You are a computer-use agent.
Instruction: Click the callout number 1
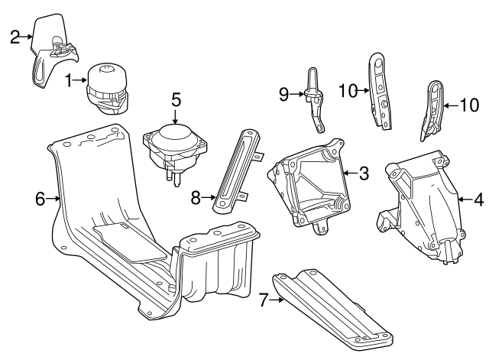pyautogui.click(x=70, y=80)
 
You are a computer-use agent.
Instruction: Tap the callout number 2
pyautogui.click(x=15, y=37)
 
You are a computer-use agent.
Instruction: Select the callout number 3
pyautogui.click(x=364, y=174)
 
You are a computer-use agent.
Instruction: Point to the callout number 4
pyautogui.click(x=479, y=199)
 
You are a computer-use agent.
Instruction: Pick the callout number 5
pyautogui.click(x=176, y=100)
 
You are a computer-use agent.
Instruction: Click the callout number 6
pyautogui.click(x=40, y=199)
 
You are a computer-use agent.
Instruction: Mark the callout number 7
pyautogui.click(x=264, y=300)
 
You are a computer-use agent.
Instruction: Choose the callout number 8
pyautogui.click(x=196, y=197)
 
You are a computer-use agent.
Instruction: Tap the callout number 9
pyautogui.click(x=283, y=94)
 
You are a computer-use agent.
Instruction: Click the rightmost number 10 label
pyautogui.click(x=469, y=105)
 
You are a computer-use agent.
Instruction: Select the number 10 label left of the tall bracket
pyautogui.click(x=348, y=91)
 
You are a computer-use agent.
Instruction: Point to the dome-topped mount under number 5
pyautogui.click(x=175, y=151)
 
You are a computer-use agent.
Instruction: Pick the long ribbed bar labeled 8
pyautogui.click(x=238, y=171)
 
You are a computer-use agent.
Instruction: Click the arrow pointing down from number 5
pyautogui.click(x=176, y=117)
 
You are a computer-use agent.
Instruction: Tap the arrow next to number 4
pyautogui.click(x=465, y=199)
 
